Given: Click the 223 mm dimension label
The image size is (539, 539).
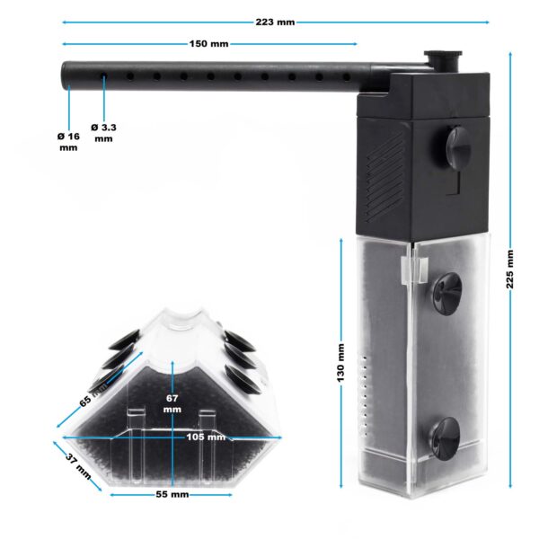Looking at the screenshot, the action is pyautogui.click(x=275, y=22).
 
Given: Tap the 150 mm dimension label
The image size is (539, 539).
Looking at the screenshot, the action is pyautogui.click(x=209, y=44).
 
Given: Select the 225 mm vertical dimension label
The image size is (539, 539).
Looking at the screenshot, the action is pyautogui.click(x=510, y=269).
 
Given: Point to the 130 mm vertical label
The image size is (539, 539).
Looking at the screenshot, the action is pyautogui.click(x=340, y=363).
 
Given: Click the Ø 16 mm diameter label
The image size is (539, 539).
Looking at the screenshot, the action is pyautogui.click(x=68, y=142).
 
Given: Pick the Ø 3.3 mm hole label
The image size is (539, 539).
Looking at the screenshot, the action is pyautogui.click(x=103, y=133).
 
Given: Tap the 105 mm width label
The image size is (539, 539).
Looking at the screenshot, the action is pyautogui.click(x=206, y=437).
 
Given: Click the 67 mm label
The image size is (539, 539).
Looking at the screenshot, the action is pyautogui.click(x=172, y=404).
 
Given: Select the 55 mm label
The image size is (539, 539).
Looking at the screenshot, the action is pyautogui.click(x=172, y=495).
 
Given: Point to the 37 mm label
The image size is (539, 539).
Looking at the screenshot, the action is pyautogui.click(x=79, y=466).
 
